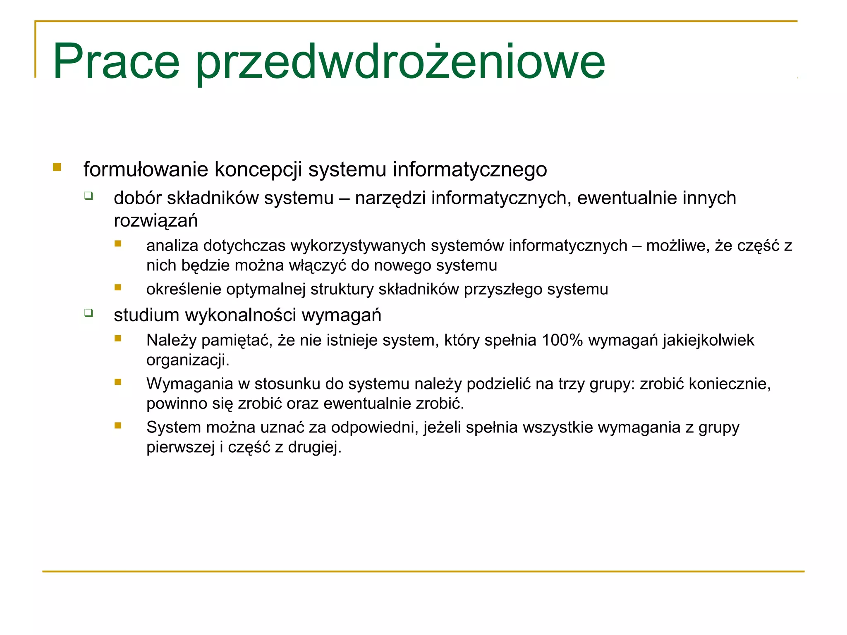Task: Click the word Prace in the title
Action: click(116, 62)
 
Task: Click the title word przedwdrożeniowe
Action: click(400, 63)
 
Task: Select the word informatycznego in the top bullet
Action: click(470, 169)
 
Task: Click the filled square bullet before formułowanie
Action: click(57, 167)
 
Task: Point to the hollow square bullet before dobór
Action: click(89, 196)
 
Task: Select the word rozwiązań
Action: click(156, 221)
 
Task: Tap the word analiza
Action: click(172, 246)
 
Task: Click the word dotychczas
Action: click(244, 246)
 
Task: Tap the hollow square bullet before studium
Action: click(89, 313)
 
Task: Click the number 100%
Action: click(562, 340)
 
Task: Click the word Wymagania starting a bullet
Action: click(190, 384)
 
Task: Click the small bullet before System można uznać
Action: click(118, 425)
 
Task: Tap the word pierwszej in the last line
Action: click(181, 447)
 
